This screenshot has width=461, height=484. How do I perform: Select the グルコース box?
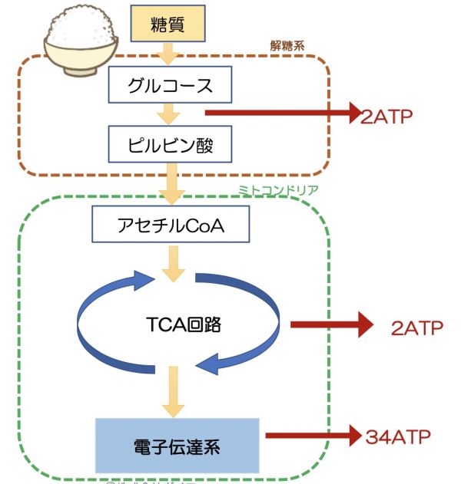click(169, 85)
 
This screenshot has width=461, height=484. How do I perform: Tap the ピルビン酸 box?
click(169, 143)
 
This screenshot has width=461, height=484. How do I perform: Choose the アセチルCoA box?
click(169, 225)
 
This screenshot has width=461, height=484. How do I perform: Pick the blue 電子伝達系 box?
click(176, 445)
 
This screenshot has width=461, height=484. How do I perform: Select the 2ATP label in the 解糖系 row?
click(386, 117)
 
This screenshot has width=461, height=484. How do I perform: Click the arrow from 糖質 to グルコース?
click(167, 53)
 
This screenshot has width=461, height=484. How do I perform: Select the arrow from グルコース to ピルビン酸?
click(167, 114)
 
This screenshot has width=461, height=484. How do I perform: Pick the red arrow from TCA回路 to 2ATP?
click(330, 324)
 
